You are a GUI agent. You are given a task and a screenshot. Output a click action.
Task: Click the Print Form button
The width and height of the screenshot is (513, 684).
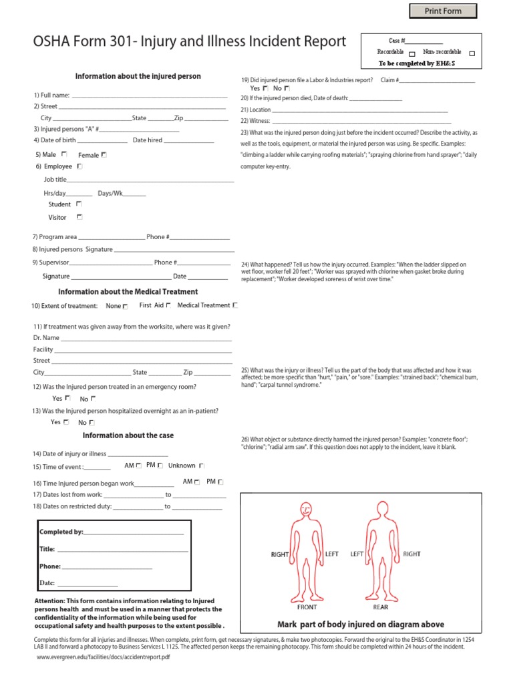click(x=444, y=11)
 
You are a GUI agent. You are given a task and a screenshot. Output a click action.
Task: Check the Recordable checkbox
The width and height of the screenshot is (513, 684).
click(x=412, y=53)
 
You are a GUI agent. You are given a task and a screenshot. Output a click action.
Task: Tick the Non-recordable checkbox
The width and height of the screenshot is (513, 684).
click(x=472, y=53)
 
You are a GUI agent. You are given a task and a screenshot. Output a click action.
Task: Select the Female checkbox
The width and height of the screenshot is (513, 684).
click(x=104, y=154)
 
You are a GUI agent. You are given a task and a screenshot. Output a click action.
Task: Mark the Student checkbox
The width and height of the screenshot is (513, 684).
click(x=79, y=204)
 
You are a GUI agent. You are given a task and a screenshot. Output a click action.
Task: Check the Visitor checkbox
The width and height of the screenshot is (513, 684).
click(x=79, y=216)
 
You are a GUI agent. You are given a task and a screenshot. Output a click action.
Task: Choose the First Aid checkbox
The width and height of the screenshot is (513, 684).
click(x=168, y=305)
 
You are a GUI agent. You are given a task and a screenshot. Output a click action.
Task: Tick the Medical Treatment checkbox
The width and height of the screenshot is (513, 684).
click(x=234, y=305)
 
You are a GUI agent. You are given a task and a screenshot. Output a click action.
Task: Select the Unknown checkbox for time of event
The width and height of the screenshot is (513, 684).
click(x=202, y=466)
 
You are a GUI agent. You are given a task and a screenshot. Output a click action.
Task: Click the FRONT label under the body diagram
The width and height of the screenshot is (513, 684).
click(x=307, y=607)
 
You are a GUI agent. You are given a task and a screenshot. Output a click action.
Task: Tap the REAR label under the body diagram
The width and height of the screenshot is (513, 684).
click(x=380, y=607)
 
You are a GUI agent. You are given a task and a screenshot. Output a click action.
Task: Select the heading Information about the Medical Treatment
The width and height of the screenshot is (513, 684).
click(x=128, y=291)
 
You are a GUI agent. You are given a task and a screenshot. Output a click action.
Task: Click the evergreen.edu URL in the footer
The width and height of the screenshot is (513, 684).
click(x=104, y=657)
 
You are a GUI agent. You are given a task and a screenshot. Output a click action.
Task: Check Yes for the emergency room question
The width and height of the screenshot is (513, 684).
click(x=67, y=398)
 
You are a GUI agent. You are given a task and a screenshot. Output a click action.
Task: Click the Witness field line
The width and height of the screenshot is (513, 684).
click(x=361, y=122)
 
